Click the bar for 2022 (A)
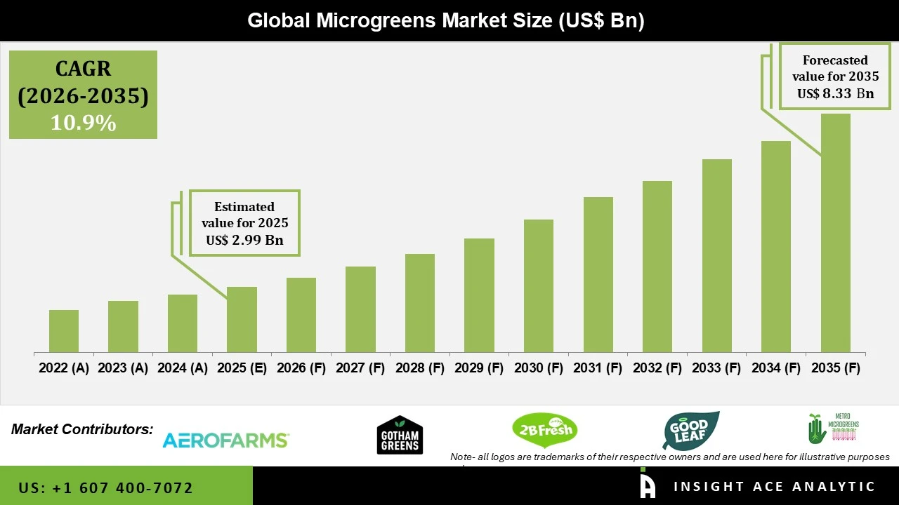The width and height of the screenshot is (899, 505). click(64, 331)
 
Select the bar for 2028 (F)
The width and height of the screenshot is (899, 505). click(420, 303)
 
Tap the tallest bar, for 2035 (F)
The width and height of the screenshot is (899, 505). click(835, 233)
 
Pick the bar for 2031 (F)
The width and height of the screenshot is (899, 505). click(598, 274)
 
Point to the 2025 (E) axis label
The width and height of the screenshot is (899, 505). click(242, 368)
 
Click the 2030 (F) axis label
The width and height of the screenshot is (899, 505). click(539, 368)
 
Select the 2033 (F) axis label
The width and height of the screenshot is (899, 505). click(716, 368)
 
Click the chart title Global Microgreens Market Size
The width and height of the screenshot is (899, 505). click(445, 20)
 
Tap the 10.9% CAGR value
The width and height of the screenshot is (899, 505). click(83, 123)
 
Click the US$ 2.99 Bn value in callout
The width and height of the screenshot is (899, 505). click(244, 241)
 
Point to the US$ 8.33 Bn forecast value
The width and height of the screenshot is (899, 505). click(835, 93)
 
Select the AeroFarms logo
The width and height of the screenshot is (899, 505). click(225, 440)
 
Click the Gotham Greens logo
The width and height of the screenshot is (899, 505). click(400, 435)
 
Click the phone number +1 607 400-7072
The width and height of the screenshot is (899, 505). click(106, 487)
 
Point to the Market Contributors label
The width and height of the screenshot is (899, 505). click(82, 429)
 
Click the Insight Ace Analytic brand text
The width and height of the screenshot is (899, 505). click(774, 487)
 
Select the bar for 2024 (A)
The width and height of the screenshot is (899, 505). click(183, 323)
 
